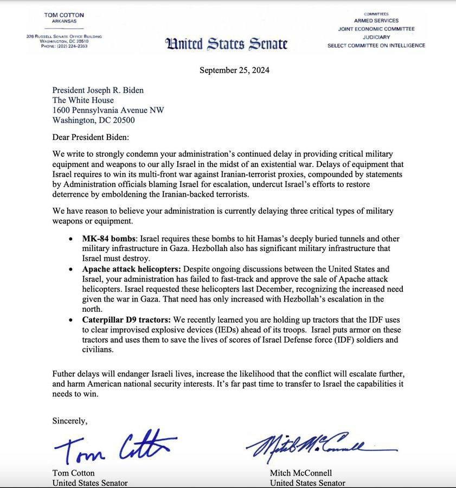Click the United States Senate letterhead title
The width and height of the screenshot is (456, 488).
click(226, 44)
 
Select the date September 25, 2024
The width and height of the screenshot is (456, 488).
click(234, 70)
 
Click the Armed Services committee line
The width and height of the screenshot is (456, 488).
click(376, 21)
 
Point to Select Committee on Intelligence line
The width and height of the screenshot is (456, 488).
click(376, 46)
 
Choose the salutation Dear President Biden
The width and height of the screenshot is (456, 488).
click(91, 138)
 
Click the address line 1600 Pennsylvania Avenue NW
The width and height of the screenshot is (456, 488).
click(108, 110)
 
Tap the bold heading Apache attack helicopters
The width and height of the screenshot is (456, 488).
click(132, 269)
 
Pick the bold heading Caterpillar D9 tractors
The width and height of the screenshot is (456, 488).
click(126, 320)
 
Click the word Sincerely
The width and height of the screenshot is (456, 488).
click(69, 420)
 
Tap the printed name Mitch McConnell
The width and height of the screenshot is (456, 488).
click(301, 473)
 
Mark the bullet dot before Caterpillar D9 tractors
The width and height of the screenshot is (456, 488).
click(72, 320)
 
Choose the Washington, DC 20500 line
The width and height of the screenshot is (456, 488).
click(93, 120)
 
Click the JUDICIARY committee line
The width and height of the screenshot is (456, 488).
click(376, 37)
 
